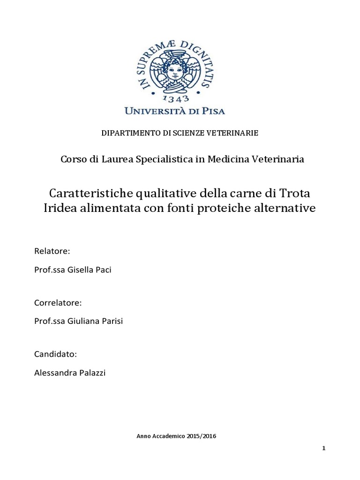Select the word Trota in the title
299,193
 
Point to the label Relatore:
52,251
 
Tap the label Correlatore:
58,302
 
